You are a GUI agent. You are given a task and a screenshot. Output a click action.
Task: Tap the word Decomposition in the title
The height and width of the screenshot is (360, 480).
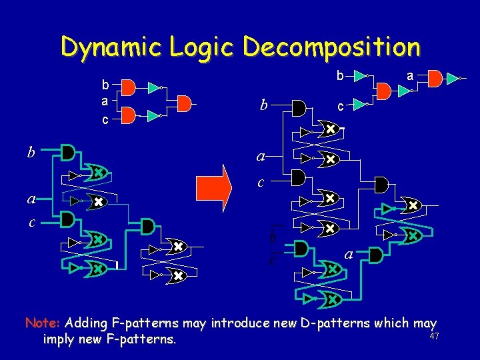[x=331, y=47]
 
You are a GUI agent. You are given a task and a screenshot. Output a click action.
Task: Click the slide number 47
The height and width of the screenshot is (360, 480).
[x=435, y=336]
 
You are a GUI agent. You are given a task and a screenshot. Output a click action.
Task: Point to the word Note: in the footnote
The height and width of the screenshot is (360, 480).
[x=43, y=323]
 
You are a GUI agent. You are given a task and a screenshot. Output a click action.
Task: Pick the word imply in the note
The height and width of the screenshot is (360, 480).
[x=59, y=339]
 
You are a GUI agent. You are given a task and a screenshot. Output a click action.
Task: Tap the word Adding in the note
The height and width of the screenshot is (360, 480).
[x=86, y=323]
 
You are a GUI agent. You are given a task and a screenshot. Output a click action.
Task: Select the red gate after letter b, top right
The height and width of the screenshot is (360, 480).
[x=385, y=89]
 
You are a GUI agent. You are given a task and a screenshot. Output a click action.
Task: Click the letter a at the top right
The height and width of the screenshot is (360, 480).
[x=411, y=77]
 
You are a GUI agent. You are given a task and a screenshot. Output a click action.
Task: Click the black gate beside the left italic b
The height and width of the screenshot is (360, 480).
[x=67, y=153]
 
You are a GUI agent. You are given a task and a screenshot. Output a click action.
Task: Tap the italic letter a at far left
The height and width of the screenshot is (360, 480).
[x=31, y=199]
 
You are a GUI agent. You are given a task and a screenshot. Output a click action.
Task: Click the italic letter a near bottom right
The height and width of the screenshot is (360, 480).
[x=348, y=254]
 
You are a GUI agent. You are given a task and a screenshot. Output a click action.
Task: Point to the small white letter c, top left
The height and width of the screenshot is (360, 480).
[x=105, y=120]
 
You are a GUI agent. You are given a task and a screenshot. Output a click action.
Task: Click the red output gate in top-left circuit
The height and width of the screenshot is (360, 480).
[x=184, y=102]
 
